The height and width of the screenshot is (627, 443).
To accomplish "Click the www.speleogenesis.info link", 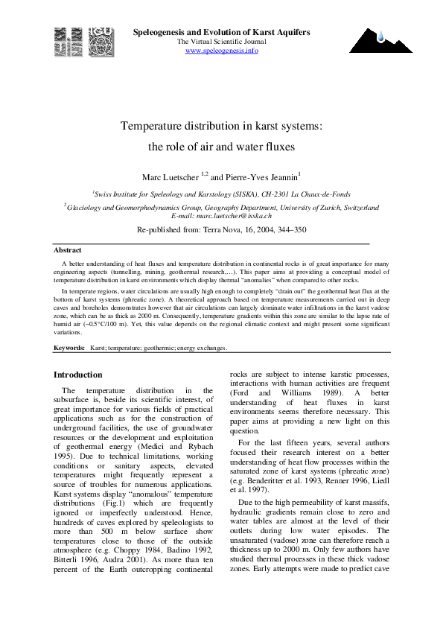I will [221, 50].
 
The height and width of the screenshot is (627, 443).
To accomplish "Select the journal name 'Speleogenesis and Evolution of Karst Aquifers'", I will [221, 32].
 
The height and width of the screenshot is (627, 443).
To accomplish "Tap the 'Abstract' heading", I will [68, 250].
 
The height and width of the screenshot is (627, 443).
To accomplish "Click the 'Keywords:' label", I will [69, 348].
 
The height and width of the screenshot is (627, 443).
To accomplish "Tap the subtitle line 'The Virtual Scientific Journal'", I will [221, 41].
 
